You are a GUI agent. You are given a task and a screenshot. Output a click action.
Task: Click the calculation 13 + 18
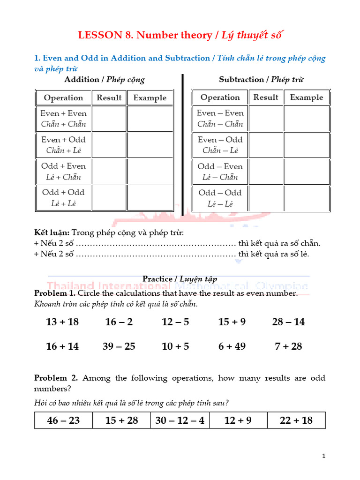(62, 322)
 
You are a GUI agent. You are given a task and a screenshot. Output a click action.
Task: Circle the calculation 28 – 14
(288, 322)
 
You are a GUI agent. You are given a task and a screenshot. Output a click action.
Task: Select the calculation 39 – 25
(119, 346)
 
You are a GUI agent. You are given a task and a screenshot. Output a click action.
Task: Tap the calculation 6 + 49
(232, 346)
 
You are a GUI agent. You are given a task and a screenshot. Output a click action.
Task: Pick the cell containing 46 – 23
(64, 420)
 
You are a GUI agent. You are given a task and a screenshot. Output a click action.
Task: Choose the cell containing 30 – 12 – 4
(180, 420)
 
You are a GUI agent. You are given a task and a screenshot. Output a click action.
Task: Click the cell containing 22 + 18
(296, 420)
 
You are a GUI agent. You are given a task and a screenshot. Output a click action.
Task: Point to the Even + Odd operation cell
(63, 145)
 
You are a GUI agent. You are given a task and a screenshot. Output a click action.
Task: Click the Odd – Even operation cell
(220, 172)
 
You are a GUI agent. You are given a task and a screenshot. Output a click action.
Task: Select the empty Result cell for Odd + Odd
(109, 198)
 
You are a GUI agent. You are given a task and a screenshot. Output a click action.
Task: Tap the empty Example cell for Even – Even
(307, 119)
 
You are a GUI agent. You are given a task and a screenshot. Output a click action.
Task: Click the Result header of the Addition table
(109, 97)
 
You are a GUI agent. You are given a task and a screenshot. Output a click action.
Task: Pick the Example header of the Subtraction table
(307, 97)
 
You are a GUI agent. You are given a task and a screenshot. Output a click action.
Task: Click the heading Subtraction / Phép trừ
(261, 79)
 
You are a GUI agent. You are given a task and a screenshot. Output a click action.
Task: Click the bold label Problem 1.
(54, 293)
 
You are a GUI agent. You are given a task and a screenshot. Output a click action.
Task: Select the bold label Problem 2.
(54, 378)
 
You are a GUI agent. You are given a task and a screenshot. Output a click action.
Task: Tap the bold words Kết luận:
(52, 232)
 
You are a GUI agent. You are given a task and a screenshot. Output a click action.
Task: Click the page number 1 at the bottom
(324, 456)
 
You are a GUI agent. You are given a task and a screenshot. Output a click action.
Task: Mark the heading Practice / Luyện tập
(180, 279)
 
